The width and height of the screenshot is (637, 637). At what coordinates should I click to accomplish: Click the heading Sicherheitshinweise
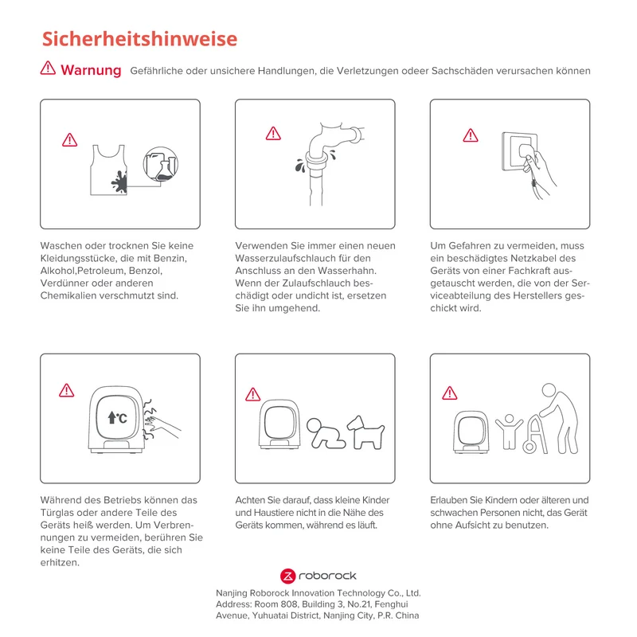pyautogui.click(x=139, y=39)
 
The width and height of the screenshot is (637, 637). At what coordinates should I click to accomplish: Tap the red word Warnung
pyautogui.click(x=91, y=70)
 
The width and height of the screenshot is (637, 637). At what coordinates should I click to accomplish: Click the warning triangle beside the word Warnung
pyautogui.click(x=48, y=68)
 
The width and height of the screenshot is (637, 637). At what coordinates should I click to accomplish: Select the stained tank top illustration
pyautogui.click(x=108, y=170)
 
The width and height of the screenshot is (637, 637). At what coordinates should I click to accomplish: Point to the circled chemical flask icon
pyautogui.click(x=161, y=164)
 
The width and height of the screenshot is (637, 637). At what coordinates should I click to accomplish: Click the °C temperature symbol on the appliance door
pyautogui.click(x=117, y=417)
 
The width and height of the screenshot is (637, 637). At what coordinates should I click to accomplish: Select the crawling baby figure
pyautogui.click(x=326, y=433)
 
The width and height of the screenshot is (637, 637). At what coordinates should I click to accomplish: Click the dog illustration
pyautogui.click(x=365, y=432)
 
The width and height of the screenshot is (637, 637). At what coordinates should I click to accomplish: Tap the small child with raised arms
pyautogui.click(x=509, y=432)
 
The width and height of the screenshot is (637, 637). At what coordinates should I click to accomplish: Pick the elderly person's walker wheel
pyautogui.click(x=529, y=447)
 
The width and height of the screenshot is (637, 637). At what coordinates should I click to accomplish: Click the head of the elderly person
pyautogui.click(x=549, y=390)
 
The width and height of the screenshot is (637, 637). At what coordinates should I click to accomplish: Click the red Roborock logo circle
pyautogui.click(x=287, y=576)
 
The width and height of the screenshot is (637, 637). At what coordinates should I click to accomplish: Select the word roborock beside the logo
pyautogui.click(x=327, y=576)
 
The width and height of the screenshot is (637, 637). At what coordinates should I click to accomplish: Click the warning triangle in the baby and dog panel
pyautogui.click(x=252, y=394)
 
